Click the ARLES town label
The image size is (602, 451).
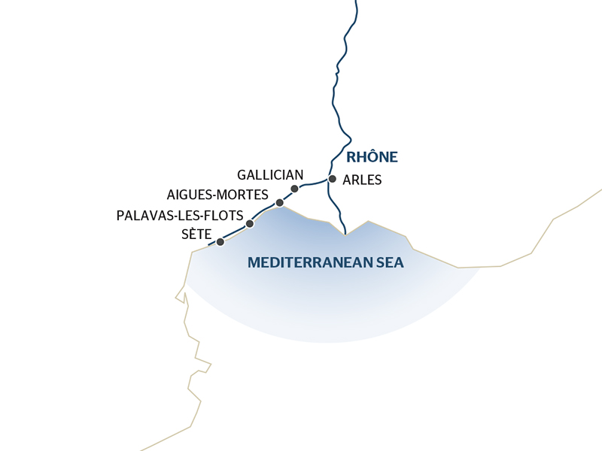362,180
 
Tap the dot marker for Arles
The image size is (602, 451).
332,179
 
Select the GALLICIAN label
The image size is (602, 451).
270,175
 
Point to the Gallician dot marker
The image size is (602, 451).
294,189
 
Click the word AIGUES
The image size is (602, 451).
191,195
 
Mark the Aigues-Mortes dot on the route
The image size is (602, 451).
279,203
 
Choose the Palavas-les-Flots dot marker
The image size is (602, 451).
250,223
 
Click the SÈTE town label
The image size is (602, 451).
196,235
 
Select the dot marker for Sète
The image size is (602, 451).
220,242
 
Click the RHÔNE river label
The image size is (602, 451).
372,157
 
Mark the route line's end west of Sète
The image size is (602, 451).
208,246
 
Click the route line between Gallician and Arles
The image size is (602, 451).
313,183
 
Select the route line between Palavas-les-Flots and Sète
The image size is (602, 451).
235,233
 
